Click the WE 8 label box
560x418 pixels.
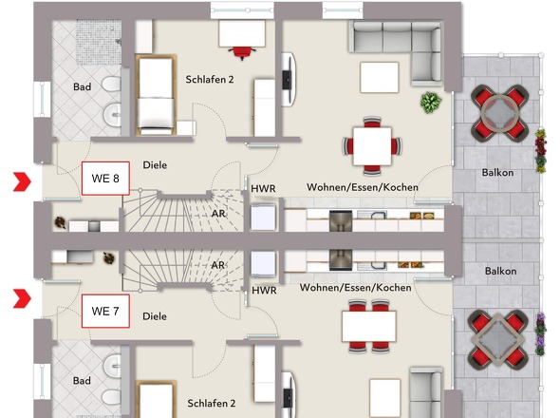tap(104, 179)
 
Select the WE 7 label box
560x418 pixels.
tap(104, 311)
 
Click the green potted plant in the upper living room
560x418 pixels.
tap(431, 100)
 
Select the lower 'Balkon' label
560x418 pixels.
tap(500, 271)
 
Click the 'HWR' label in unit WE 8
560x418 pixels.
tap(264, 189)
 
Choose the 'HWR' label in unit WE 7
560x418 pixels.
tap(264, 291)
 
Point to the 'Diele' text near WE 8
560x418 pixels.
tap(155, 164)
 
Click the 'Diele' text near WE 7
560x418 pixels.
tap(154, 316)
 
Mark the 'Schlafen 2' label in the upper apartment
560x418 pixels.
tap(210, 80)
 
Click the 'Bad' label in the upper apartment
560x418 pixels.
tap(83, 87)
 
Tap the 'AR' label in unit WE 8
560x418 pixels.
tap(218, 214)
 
